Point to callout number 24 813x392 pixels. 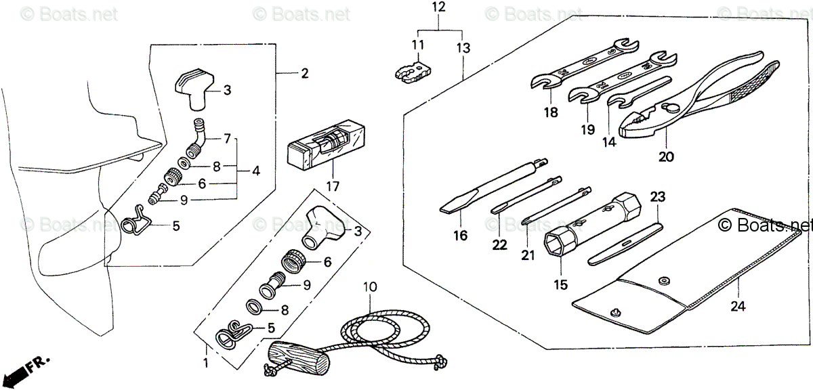pyautogui.click(x=738, y=307)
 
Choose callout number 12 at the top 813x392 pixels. pyautogui.click(x=439, y=8)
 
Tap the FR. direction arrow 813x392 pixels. pyautogui.click(x=34, y=368)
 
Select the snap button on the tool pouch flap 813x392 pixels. pyautogui.click(x=663, y=280)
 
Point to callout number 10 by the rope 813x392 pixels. pyautogui.click(x=369, y=287)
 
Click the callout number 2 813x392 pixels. pyautogui.click(x=304, y=73)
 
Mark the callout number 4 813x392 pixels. pyautogui.click(x=255, y=171)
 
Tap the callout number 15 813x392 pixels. pyautogui.click(x=560, y=285)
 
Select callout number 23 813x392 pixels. pyautogui.click(x=658, y=197)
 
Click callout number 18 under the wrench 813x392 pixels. pyautogui.click(x=551, y=113)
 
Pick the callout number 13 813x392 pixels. pyautogui.click(x=463, y=47)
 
